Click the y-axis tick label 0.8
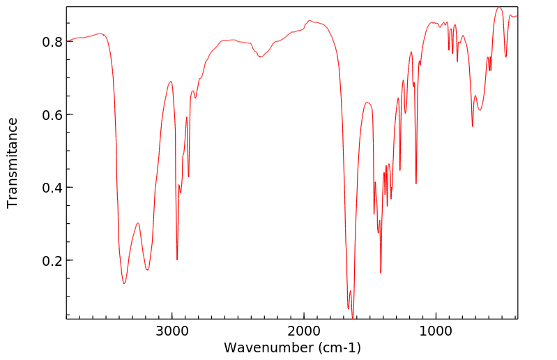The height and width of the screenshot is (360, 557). [52, 42]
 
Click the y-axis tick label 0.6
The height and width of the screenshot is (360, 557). [52, 114]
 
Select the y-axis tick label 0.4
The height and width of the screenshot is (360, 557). [52, 188]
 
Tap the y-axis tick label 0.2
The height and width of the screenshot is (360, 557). [52, 260]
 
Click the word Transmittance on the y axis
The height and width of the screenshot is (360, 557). [13, 163]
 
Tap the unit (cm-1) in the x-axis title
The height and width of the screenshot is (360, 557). [338, 347]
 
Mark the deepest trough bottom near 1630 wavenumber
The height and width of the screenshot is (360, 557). [353, 317]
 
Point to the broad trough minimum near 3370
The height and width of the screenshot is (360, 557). [124, 283]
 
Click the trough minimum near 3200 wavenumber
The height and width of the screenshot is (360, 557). [147, 270]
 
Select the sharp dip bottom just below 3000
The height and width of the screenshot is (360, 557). [177, 260]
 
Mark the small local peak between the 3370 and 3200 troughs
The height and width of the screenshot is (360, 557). [138, 223]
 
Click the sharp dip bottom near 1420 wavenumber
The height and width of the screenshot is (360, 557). [381, 272]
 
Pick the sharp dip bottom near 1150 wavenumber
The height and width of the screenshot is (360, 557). [416, 183]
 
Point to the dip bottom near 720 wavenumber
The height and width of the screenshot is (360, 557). [473, 126]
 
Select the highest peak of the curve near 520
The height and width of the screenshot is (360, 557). [499, 8]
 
